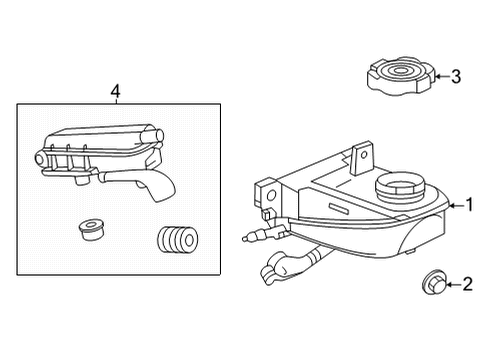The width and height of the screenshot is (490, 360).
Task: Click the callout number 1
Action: point(466,206)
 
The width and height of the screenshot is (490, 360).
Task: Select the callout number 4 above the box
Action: point(116,91)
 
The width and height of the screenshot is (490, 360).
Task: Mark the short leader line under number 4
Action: point(116,102)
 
